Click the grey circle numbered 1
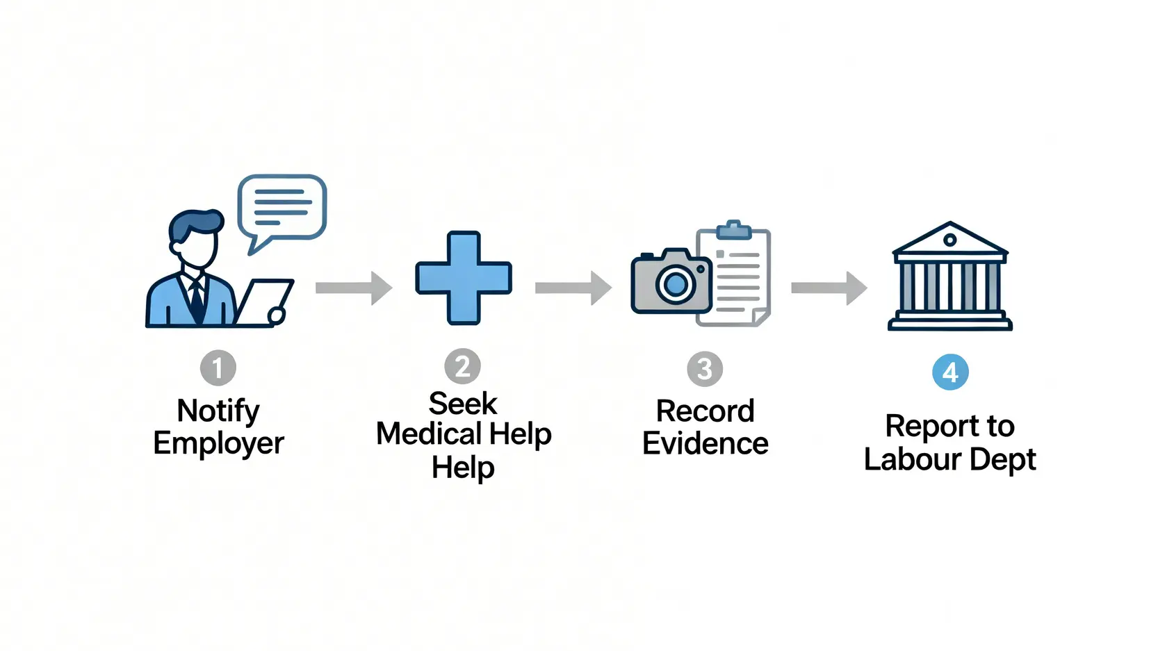click(x=218, y=368)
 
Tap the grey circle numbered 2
click(x=462, y=366)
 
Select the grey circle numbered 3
click(x=705, y=369)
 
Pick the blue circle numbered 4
click(x=950, y=372)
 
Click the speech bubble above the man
click(x=282, y=206)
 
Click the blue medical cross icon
click(x=464, y=277)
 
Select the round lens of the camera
click(x=676, y=283)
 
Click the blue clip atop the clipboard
click(x=733, y=230)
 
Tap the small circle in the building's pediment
click(x=950, y=240)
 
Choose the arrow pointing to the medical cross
click(x=354, y=288)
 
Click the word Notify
click(x=218, y=411)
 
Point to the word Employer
click(x=218, y=443)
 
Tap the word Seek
click(x=463, y=403)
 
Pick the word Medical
click(x=430, y=434)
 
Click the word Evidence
click(x=705, y=443)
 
